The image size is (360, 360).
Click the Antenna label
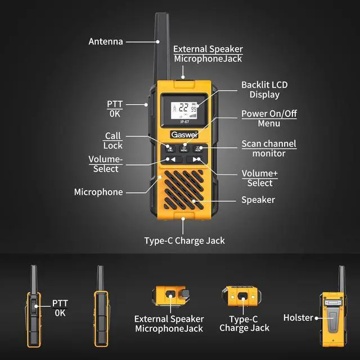point(105,41)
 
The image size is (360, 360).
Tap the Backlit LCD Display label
point(264,89)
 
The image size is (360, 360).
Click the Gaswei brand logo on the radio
point(183,135)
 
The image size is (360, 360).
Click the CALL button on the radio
point(170,148)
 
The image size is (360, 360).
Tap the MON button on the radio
point(197,148)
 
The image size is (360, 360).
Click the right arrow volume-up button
point(196,159)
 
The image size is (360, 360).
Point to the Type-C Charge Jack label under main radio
point(184,241)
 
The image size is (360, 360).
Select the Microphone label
point(98,192)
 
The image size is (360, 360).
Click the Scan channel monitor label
point(268,148)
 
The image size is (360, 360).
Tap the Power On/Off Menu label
point(269,118)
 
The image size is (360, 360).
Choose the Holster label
point(298,317)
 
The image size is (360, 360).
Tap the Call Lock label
point(112,141)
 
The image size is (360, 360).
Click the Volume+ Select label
point(259,178)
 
